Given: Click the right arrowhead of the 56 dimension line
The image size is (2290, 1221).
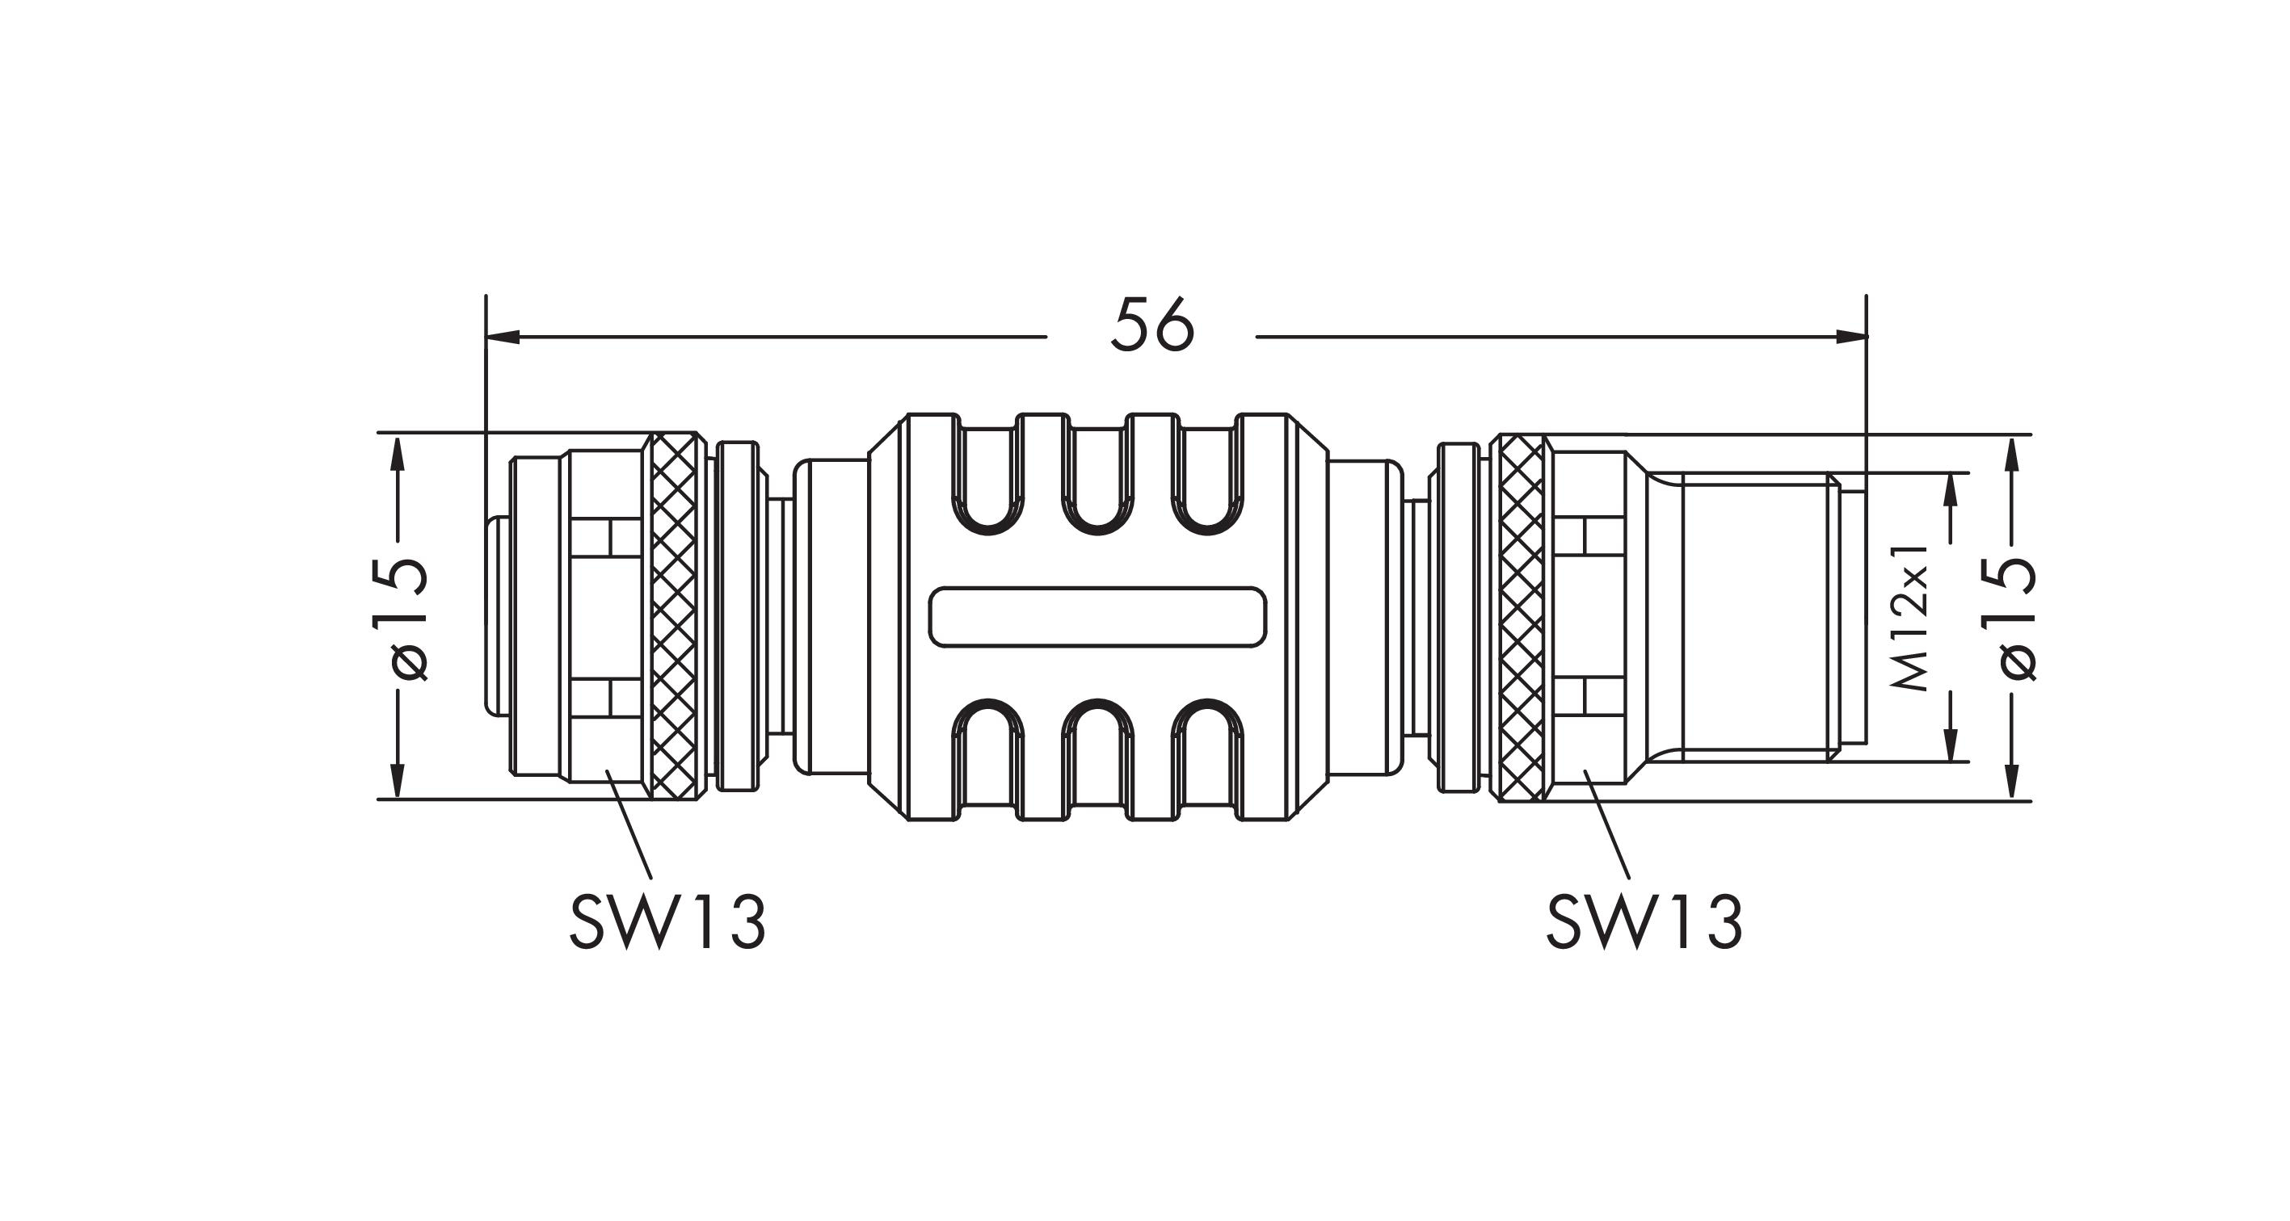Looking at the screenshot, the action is (1851, 337).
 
